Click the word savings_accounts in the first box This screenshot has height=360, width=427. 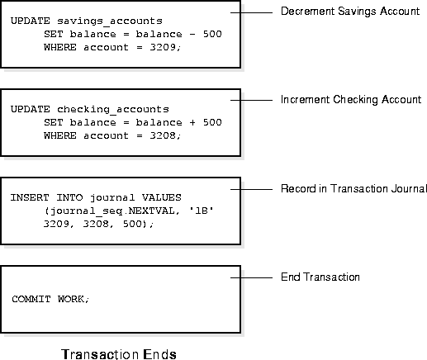[110, 21]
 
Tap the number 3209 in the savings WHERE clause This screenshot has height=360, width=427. [163, 47]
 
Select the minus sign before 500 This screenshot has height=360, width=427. [192, 34]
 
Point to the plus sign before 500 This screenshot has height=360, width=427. [192, 122]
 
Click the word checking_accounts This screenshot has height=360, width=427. [113, 110]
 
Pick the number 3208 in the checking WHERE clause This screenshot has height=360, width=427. [163, 135]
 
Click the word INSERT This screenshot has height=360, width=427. [30, 197]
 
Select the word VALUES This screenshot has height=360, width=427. [162, 197]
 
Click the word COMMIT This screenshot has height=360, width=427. [31, 299]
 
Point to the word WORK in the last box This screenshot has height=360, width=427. [71, 299]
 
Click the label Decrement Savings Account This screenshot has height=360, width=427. [350, 12]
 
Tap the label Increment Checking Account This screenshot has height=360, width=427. [351, 100]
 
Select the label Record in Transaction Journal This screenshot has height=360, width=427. [353, 188]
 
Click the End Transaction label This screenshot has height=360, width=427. [320, 277]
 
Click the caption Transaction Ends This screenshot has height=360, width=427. [119, 354]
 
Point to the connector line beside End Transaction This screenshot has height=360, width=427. [251, 277]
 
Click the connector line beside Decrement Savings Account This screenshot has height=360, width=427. [251, 12]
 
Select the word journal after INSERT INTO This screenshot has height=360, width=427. [112, 198]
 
